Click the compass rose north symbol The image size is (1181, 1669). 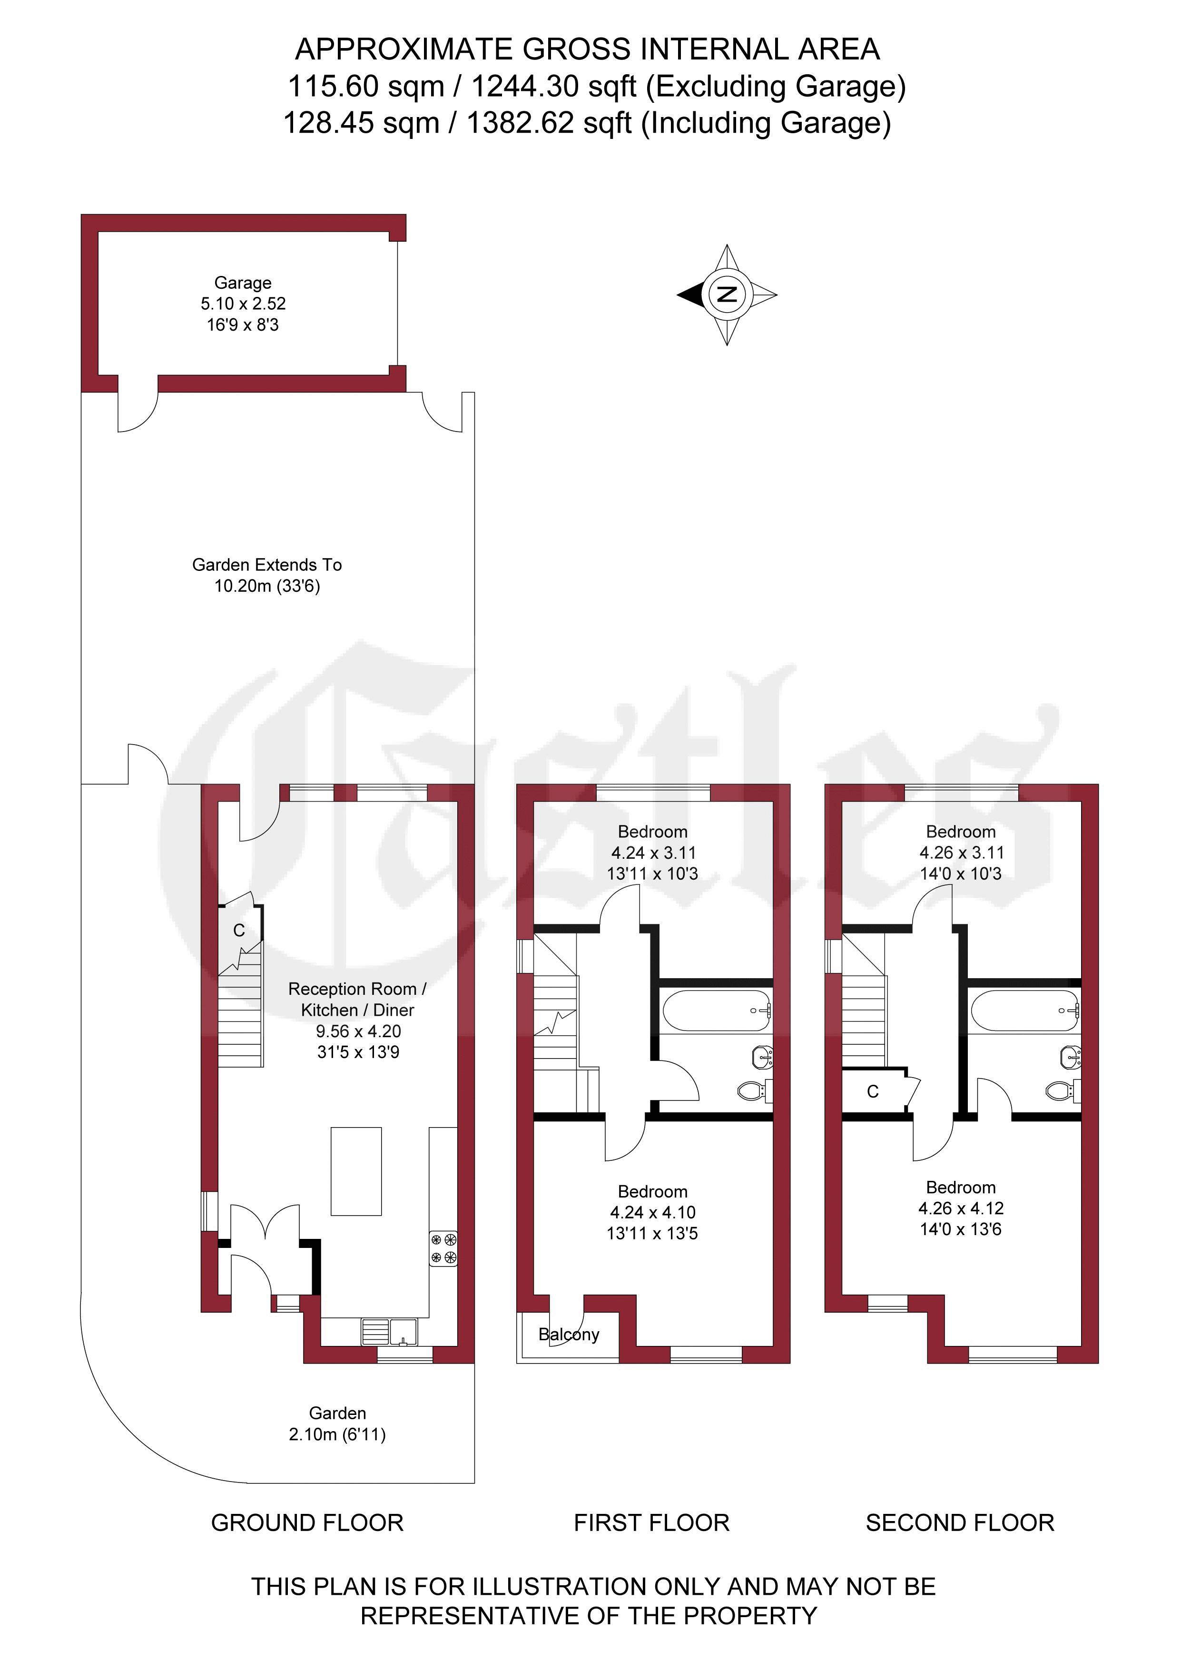point(727,295)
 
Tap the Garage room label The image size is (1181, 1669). point(243,283)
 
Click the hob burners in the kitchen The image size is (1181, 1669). point(443,1248)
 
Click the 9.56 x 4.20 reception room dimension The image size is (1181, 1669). point(358,1031)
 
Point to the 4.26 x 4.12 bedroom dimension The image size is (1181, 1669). point(961,1208)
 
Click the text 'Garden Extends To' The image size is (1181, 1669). point(267,565)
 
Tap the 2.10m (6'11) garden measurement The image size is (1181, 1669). point(337,1434)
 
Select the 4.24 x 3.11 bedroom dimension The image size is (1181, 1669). point(653,853)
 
